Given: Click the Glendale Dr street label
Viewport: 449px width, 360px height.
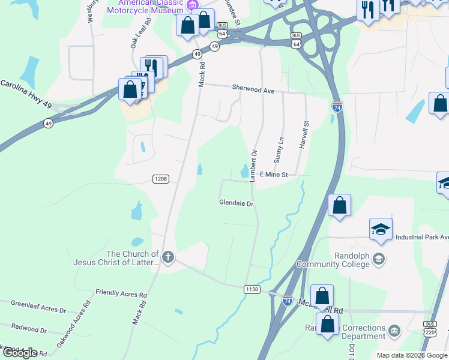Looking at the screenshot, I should [x=237, y=203].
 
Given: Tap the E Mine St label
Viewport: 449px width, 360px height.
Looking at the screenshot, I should [x=274, y=175].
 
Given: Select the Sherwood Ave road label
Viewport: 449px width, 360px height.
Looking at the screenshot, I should [x=253, y=90].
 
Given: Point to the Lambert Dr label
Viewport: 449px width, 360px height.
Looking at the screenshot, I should [x=254, y=166].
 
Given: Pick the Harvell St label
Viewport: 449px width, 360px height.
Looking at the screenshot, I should [x=305, y=135].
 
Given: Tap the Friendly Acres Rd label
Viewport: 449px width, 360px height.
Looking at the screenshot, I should [x=121, y=294].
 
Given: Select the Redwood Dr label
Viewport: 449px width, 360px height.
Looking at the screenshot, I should [x=29, y=330].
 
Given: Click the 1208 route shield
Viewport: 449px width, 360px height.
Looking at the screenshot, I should [x=160, y=179].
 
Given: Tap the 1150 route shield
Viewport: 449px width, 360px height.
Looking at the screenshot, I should [x=252, y=289].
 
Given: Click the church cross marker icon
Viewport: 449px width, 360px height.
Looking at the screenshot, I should [x=168, y=258].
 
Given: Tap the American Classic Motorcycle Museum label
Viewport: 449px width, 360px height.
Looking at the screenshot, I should [x=146, y=7].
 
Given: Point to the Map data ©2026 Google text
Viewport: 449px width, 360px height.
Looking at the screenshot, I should [x=411, y=356].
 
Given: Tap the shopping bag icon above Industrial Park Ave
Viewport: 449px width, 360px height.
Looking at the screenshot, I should [x=340, y=205].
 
